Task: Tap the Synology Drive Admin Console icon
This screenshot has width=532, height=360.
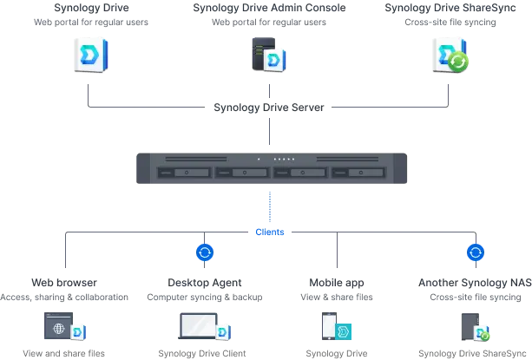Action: click(x=269, y=56)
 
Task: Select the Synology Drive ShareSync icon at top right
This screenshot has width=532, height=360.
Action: click(x=450, y=56)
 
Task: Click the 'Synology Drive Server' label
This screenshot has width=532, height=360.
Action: click(x=269, y=108)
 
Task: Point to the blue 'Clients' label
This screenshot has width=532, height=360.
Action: click(x=270, y=232)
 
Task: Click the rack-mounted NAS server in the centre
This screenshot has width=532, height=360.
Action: click(x=272, y=167)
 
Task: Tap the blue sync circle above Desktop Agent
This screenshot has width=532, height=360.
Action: click(x=205, y=252)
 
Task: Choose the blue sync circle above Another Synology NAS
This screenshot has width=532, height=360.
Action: click(x=476, y=252)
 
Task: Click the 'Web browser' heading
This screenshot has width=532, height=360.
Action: click(x=65, y=283)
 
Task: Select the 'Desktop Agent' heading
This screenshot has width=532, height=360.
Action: click(x=205, y=283)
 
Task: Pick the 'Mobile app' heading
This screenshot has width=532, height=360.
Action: click(x=337, y=283)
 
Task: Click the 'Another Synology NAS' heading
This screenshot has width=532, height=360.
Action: click(x=475, y=283)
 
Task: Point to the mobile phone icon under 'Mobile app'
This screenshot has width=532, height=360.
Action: click(x=331, y=327)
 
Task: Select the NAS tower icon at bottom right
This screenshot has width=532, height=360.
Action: click(x=471, y=327)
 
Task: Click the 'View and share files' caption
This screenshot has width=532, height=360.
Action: click(x=64, y=353)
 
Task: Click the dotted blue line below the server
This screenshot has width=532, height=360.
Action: click(x=270, y=206)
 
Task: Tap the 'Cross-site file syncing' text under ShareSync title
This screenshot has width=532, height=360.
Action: click(x=450, y=23)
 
